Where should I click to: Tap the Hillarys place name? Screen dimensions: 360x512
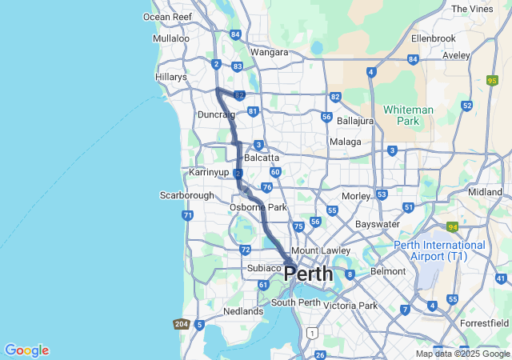[170, 78]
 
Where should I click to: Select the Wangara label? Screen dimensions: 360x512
[269, 52]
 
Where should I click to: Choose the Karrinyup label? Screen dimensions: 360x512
[208, 173]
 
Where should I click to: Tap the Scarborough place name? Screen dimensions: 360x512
[187, 195]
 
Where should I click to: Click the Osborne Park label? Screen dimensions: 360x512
[258, 207]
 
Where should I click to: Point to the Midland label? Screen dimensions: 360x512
[485, 192]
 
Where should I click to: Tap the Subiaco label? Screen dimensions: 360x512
[264, 268]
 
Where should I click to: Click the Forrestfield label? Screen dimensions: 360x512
[483, 323]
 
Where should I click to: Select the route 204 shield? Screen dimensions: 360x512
[181, 324]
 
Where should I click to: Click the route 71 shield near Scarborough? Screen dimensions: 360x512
[187, 215]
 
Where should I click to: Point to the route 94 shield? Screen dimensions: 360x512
[452, 227]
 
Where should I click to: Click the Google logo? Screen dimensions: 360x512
[26, 350]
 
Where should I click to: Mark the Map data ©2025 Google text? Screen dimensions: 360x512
[463, 354]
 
